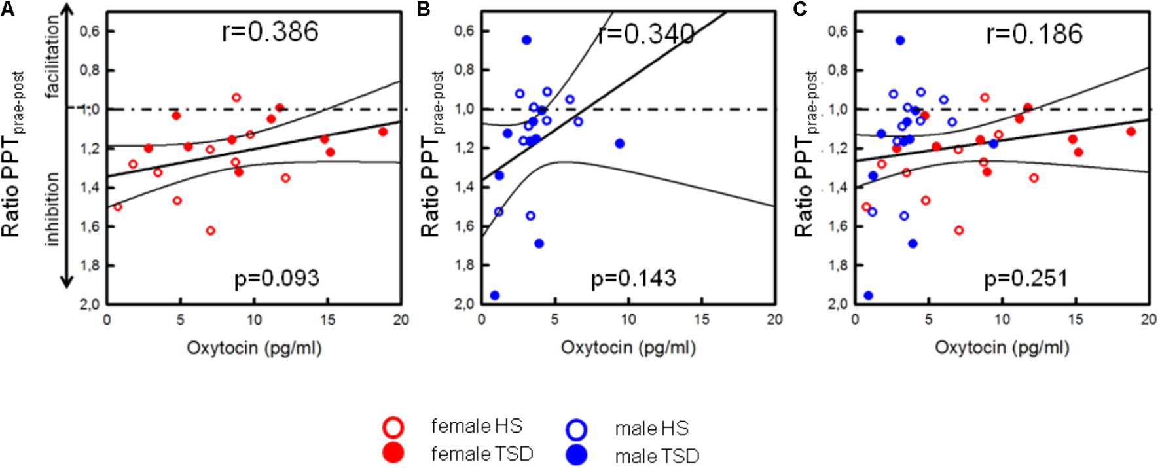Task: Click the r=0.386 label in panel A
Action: tap(270, 31)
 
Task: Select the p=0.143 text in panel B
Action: tap(633, 279)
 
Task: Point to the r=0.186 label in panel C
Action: tap(1034, 34)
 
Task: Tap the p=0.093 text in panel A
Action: tap(277, 279)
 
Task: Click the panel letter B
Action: tap(424, 9)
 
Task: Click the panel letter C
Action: tap(799, 9)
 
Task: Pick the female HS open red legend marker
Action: tap(393, 428)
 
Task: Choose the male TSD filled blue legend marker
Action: tap(577, 455)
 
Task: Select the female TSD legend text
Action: tap(482, 454)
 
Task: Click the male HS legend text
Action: tap(651, 429)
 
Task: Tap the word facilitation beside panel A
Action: tap(52, 57)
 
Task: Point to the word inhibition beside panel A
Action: tap(52, 209)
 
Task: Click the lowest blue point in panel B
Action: tap(495, 296)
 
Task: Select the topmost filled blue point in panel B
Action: tap(526, 40)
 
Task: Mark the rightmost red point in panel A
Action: tap(383, 132)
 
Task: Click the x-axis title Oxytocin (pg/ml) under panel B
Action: tap(628, 348)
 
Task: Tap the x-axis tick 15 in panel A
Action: tap(327, 320)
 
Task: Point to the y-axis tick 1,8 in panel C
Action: tap(837, 265)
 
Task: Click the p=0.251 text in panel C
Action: tap(1026, 279)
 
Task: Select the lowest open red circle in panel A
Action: tap(211, 230)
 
